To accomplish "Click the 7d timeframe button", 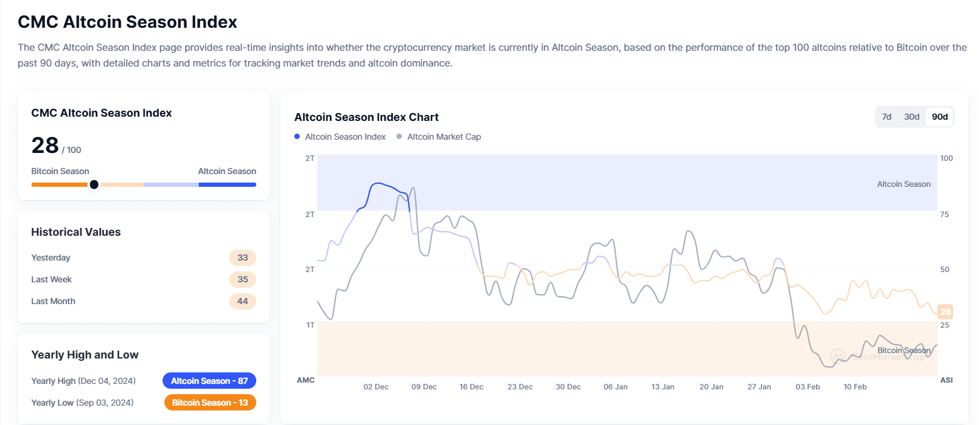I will coord(887,117).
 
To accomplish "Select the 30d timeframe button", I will coord(911,117).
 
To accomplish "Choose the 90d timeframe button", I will coord(940,117).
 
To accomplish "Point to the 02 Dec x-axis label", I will coord(376,387).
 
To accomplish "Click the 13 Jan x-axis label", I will coord(662,387).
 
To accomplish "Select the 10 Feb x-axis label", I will coord(855,387).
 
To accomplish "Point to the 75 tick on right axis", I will coord(945,215).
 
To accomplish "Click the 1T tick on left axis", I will coord(310,325).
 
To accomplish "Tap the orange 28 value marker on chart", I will coord(945,312).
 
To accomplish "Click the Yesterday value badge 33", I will coord(242,258).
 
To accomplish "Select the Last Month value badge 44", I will coord(242,301).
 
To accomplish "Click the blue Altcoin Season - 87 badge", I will coord(209,381).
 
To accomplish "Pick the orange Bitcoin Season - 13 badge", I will coord(210,403).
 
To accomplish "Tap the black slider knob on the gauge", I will coord(94,184).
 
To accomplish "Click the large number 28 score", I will coord(45,145).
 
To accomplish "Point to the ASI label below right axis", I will coord(946,380).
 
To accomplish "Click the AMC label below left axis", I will coord(305,380).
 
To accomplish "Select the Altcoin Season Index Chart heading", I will coord(366,117).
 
